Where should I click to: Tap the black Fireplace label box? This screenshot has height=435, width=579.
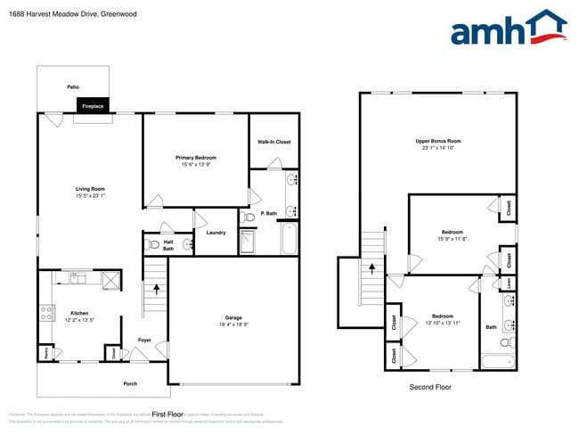click(93, 106)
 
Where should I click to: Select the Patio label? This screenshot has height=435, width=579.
click(73, 86)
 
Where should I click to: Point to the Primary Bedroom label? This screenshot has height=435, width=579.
click(195, 158)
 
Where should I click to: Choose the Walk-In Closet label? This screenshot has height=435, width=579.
click(273, 142)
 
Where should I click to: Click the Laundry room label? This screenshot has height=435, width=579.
click(216, 233)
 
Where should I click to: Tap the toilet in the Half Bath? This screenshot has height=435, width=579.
click(153, 243)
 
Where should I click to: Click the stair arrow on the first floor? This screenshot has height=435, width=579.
click(157, 289)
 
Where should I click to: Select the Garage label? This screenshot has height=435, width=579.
click(232, 317)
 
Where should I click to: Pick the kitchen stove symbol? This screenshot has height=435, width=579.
click(45, 312)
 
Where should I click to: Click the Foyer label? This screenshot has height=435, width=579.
click(144, 340)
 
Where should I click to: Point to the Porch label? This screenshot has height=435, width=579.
click(130, 383)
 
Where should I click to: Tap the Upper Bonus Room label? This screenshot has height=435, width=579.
click(437, 142)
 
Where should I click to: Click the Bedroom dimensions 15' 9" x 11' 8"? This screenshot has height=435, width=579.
click(452, 238)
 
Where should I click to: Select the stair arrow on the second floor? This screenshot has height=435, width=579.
click(371, 268)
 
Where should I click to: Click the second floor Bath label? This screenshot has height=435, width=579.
click(491, 327)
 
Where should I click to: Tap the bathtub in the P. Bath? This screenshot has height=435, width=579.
click(289, 238)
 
